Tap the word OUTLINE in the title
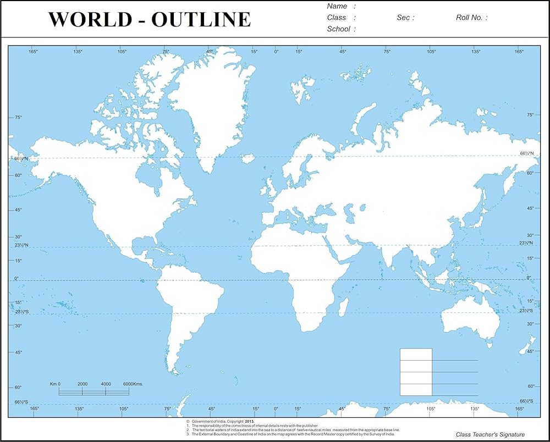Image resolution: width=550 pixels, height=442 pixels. click(201, 20)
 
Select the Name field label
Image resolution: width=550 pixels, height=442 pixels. click(337, 6)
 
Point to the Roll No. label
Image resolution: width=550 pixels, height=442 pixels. click(469, 18)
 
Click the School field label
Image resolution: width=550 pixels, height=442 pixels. click(338, 29)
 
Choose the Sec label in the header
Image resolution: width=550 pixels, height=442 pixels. click(404, 18)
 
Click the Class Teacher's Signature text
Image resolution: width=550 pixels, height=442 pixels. click(490, 434)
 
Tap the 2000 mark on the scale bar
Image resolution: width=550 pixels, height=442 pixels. click(82, 384)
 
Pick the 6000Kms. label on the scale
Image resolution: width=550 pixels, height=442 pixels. click(133, 384)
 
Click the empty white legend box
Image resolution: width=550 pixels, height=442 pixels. click(416, 372)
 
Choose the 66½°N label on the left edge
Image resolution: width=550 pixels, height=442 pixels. click(22, 158)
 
